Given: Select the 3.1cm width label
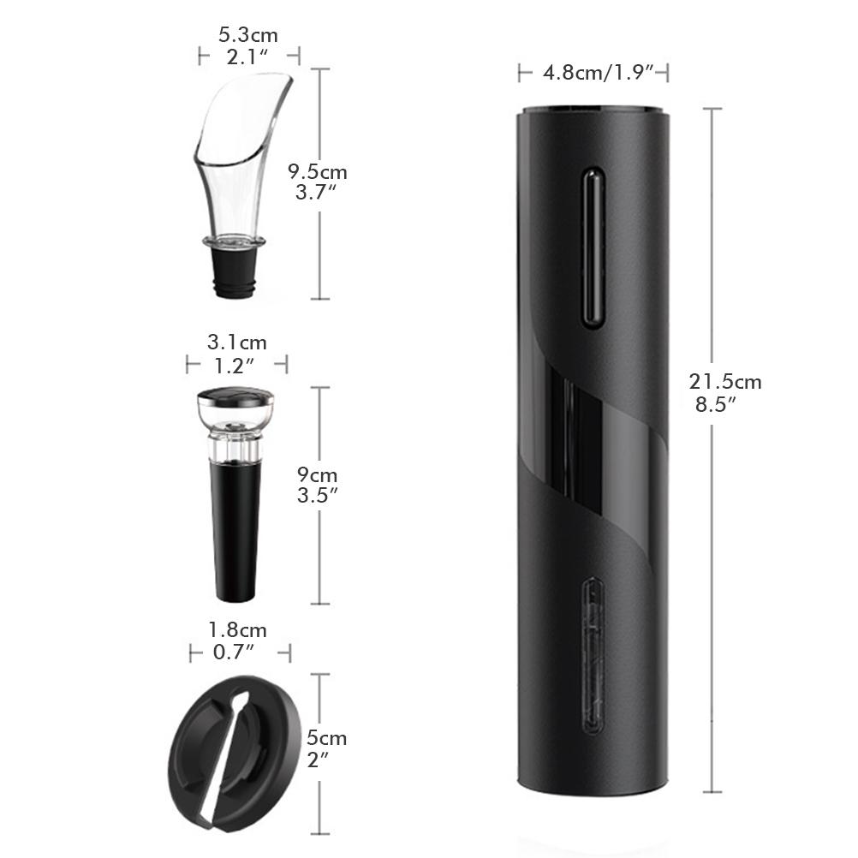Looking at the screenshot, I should (x=237, y=343).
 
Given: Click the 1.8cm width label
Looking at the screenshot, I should (x=238, y=630).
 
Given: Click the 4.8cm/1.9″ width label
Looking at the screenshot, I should (x=593, y=74).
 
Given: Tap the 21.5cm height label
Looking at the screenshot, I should (x=724, y=382).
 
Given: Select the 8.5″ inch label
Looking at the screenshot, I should (x=716, y=405).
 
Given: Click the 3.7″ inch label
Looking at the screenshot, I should (x=315, y=193).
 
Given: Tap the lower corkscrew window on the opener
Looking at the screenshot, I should (x=593, y=655).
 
